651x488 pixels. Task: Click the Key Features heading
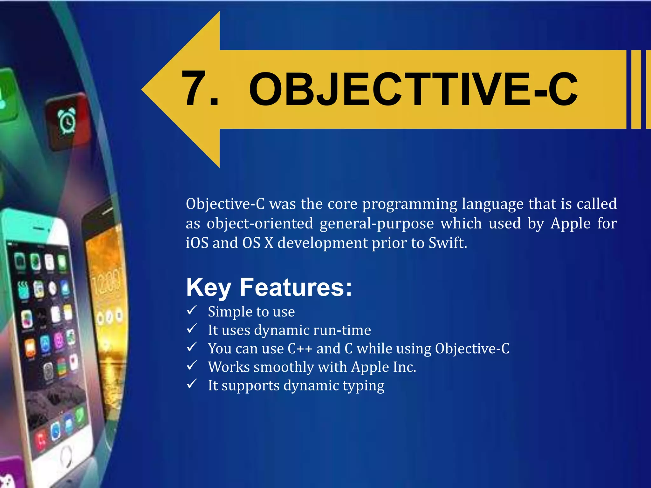269,287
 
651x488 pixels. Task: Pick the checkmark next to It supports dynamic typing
192,384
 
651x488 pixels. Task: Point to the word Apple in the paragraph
570,223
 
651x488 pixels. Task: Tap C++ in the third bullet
300,349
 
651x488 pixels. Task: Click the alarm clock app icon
67,121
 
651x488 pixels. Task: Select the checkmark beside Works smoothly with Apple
192,365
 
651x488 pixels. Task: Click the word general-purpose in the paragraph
376,223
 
